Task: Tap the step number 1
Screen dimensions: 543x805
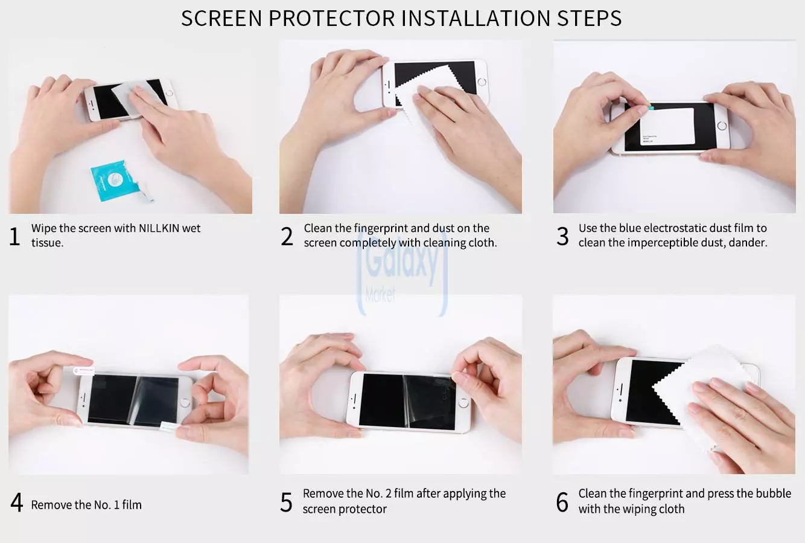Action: tap(15, 236)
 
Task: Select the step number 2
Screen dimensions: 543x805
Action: tap(287, 236)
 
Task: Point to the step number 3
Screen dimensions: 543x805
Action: tap(562, 236)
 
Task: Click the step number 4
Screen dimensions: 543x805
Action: tap(17, 503)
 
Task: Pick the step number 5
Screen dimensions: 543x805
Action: tap(287, 503)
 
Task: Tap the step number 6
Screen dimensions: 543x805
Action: tap(562, 503)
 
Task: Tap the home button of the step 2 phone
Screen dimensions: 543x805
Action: tap(482, 82)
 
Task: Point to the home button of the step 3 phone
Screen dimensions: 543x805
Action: tap(721, 127)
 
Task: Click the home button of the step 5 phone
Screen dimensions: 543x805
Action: tap(463, 402)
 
